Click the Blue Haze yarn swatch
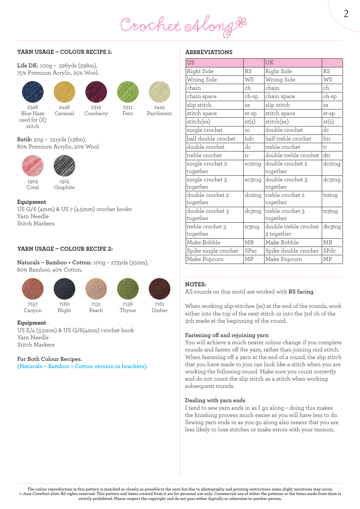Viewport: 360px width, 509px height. pos(33,92)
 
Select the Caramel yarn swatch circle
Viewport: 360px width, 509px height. pos(64,92)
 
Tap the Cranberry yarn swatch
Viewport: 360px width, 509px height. pos(96,92)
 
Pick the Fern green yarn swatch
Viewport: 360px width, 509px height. pos(128,92)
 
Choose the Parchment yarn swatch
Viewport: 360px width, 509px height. pos(160,92)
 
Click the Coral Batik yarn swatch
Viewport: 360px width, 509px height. pos(33,166)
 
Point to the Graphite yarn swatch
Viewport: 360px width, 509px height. pos(64,166)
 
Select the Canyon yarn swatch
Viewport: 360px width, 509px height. pos(33,289)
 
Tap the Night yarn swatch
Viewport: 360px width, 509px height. pos(64,289)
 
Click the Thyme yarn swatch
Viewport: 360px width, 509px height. pos(128,289)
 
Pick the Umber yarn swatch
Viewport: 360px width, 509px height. pos(160,289)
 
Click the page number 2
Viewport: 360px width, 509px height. pos(346,14)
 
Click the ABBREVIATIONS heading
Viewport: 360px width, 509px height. pos(209,52)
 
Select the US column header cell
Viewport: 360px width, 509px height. pos(214,63)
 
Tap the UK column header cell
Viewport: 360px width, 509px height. pos(293,63)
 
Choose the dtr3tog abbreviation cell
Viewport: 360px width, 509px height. pos(332,227)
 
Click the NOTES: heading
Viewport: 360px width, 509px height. pos(196,284)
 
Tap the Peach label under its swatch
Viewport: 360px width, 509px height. pos(96,310)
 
